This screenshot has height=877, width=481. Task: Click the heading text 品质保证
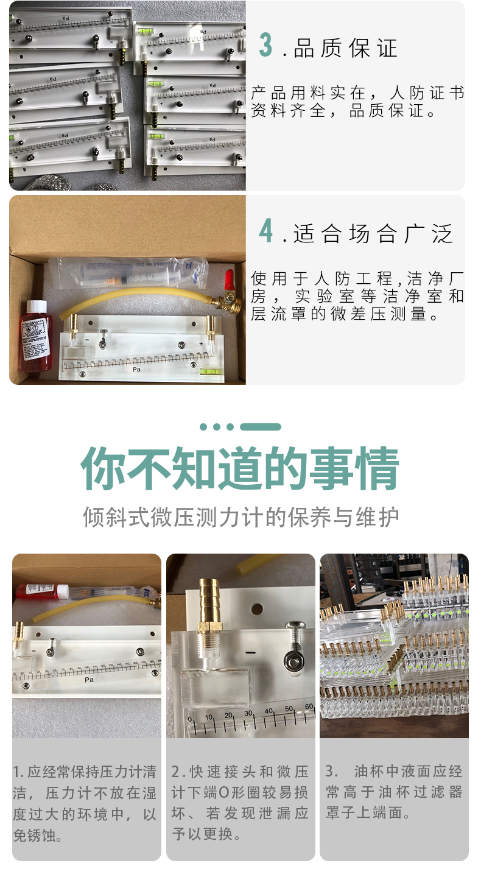click(345, 48)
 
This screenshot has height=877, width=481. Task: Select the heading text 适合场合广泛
click(373, 233)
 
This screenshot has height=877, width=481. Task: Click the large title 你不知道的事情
click(240, 468)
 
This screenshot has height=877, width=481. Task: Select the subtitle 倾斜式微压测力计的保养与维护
click(240, 517)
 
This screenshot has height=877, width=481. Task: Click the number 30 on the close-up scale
click(249, 712)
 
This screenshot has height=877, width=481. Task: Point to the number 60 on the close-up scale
click(309, 706)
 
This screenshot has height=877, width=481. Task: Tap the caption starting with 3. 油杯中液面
click(394, 792)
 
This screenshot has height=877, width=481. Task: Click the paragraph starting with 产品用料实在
click(357, 102)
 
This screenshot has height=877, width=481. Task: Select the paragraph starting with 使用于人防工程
click(357, 297)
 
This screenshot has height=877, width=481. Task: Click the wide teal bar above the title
click(260, 427)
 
